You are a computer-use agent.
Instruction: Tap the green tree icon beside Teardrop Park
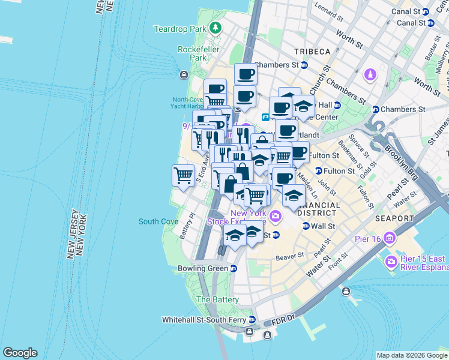tap(215, 28)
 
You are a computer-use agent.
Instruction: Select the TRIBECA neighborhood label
tap(312, 52)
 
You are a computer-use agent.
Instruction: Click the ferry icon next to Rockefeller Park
tap(183, 74)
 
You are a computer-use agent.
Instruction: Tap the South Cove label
tap(158, 221)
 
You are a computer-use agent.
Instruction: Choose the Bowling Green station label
tap(203, 268)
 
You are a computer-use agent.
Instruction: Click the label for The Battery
tap(217, 299)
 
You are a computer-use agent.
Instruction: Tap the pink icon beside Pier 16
tap(390, 239)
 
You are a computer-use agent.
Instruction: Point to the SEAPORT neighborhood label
tap(394, 219)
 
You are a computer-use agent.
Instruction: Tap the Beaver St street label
tap(290, 257)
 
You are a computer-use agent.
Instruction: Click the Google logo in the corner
tap(20, 353)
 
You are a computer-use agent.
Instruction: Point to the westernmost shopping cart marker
tap(183, 175)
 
